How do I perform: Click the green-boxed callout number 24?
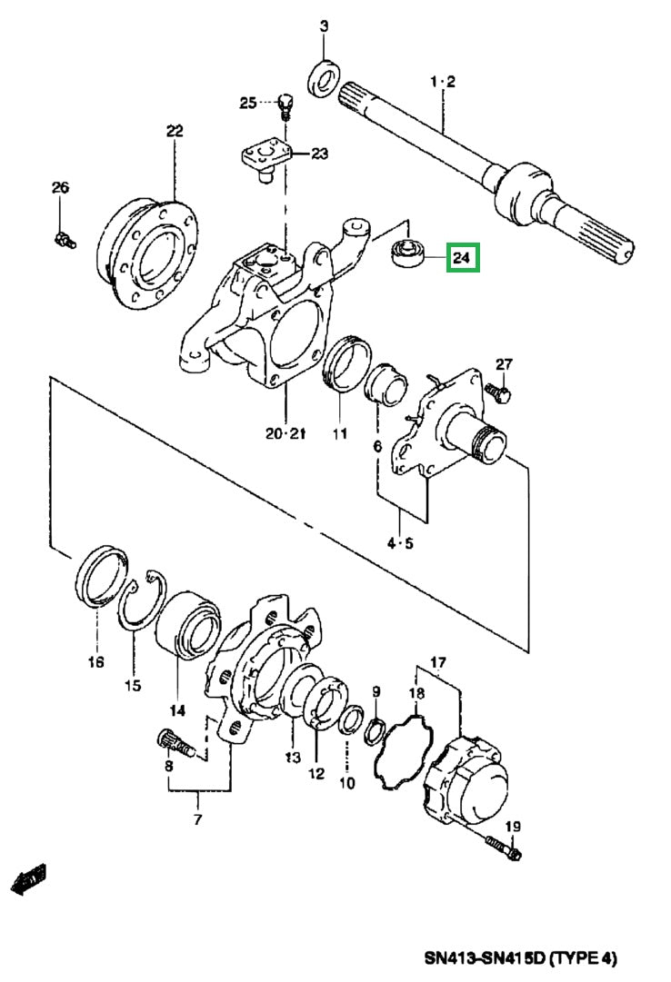click(x=462, y=260)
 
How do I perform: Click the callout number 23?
click(x=319, y=154)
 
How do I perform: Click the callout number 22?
click(x=174, y=131)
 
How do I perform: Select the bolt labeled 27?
click(x=497, y=392)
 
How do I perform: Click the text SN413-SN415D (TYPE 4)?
click(x=520, y=958)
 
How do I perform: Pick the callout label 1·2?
click(x=443, y=82)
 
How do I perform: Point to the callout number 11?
click(x=339, y=434)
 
